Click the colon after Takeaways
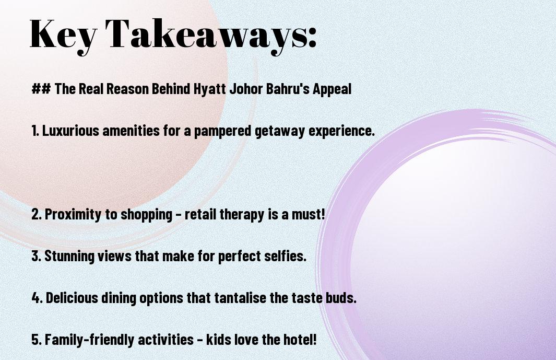[x=312, y=38]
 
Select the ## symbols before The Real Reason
[x=41, y=89]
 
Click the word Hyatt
[x=209, y=89]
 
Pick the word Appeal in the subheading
[x=332, y=89]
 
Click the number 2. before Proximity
[x=37, y=214]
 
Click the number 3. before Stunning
[x=37, y=256]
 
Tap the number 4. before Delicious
[x=37, y=298]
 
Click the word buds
[x=341, y=297]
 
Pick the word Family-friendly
[x=90, y=340]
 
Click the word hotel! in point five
[x=299, y=340]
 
